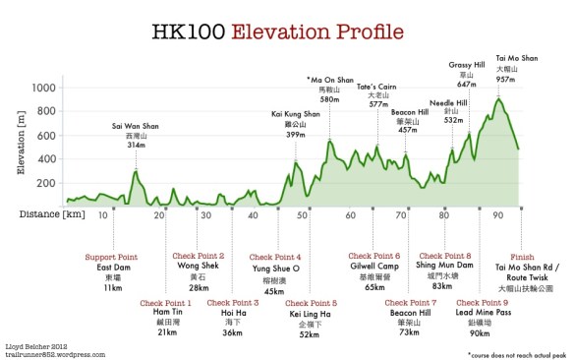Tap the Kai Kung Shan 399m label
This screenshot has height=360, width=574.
(x=296, y=124)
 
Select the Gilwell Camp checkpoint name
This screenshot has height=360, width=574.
(x=373, y=267)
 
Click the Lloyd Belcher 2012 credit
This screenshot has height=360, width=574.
(x=36, y=343)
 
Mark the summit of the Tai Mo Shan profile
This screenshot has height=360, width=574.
(x=499, y=98)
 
